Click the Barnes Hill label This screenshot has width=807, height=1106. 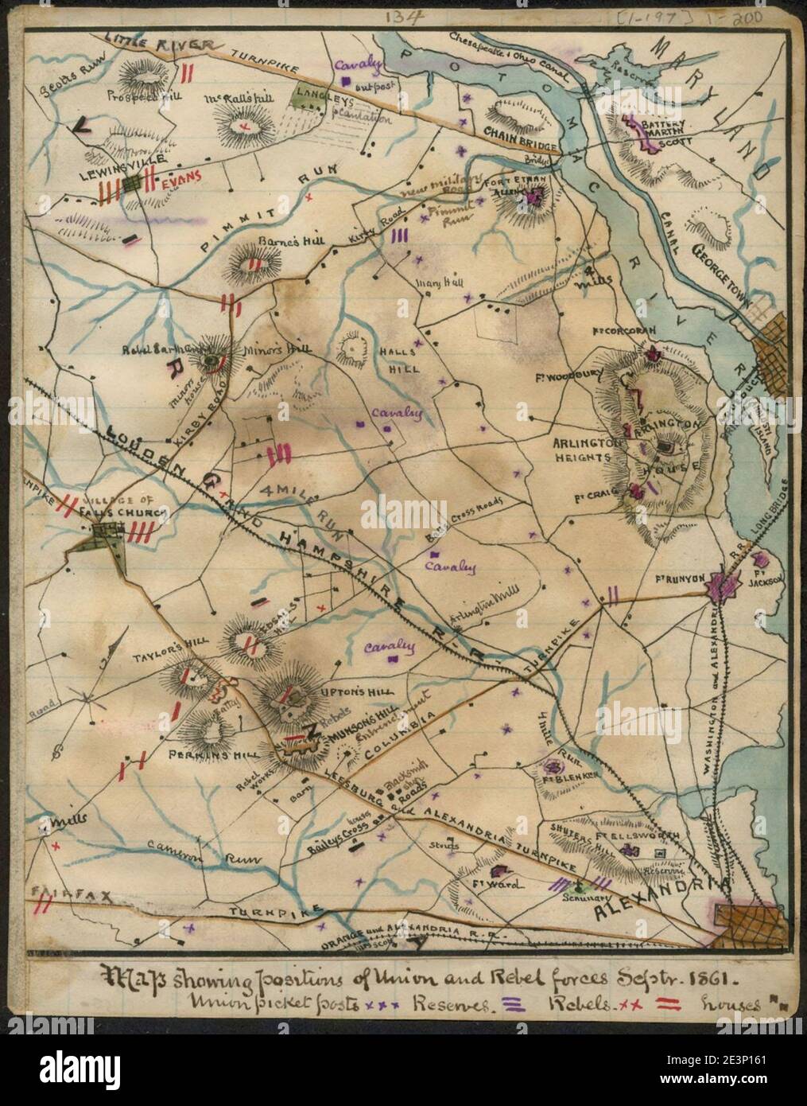click(258, 243)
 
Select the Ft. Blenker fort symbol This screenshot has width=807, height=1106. click(554, 767)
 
